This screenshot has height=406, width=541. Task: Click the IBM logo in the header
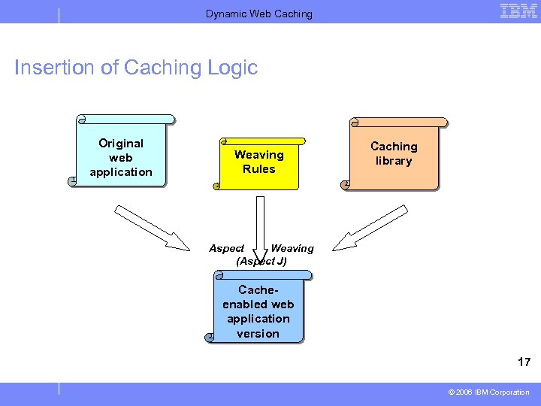click(518, 11)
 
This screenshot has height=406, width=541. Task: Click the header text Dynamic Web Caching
click(259, 14)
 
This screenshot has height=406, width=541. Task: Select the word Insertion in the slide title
click(55, 68)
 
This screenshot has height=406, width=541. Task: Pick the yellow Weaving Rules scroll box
click(259, 162)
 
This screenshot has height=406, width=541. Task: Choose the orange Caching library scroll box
click(394, 153)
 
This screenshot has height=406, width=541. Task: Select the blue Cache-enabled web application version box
click(258, 310)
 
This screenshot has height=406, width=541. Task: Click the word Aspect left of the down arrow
click(226, 248)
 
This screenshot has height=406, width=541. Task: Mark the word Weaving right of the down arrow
click(292, 248)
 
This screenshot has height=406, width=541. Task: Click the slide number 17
click(524, 362)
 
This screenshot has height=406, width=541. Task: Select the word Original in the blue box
click(121, 143)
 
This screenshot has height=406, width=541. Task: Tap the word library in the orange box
click(394, 161)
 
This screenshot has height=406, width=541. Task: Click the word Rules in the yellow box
click(259, 169)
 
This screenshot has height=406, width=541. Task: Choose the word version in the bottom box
click(258, 334)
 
